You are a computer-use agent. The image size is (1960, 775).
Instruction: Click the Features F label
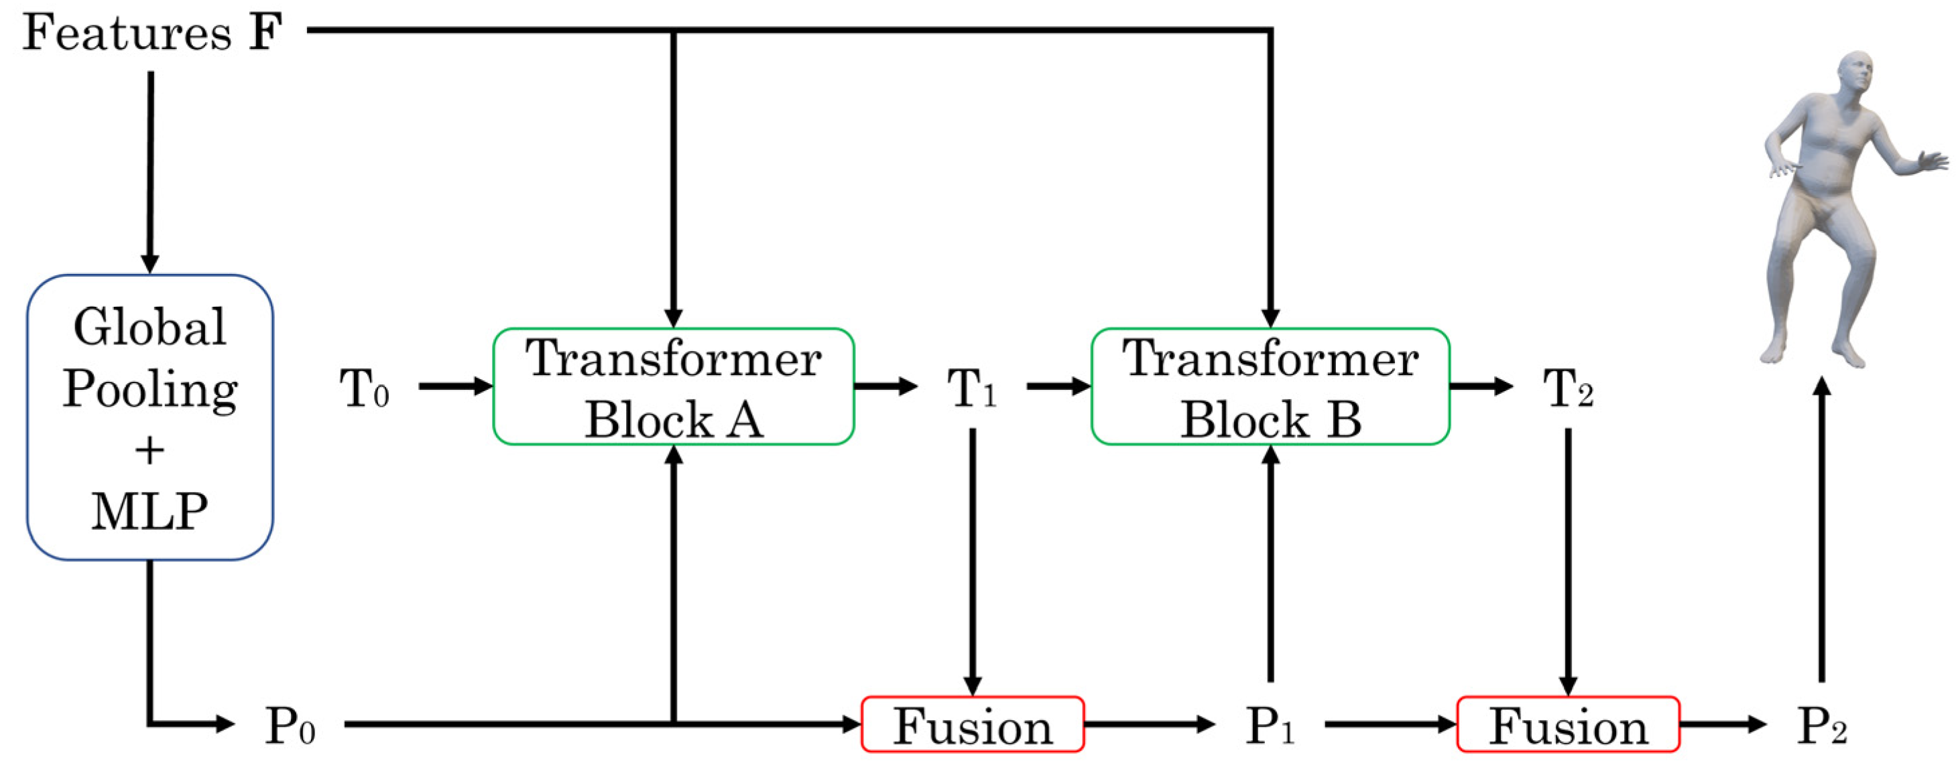[x=152, y=34]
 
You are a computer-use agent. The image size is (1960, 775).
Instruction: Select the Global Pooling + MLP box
[x=150, y=417]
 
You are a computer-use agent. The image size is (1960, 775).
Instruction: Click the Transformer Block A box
[x=674, y=386]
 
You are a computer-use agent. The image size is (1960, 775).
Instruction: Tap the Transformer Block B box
[x=1270, y=386]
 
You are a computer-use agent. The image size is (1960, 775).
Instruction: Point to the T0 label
[x=364, y=389]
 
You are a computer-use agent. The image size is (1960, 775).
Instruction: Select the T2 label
[x=1567, y=389]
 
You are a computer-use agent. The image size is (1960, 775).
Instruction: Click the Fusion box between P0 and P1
[x=973, y=725]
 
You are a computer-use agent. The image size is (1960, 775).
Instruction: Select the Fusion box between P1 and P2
[x=1568, y=725]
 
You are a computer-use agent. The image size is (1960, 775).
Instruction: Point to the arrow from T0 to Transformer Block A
[x=455, y=386]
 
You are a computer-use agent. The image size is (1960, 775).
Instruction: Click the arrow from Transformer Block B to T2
[x=1481, y=386]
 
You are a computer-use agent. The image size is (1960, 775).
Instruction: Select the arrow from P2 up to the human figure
[x=1821, y=533]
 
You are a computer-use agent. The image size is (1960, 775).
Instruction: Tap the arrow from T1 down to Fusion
[x=973, y=563]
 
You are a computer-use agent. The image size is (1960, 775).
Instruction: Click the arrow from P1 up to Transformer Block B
[x=1270, y=563]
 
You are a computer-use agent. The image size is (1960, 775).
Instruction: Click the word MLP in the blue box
[x=150, y=511]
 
